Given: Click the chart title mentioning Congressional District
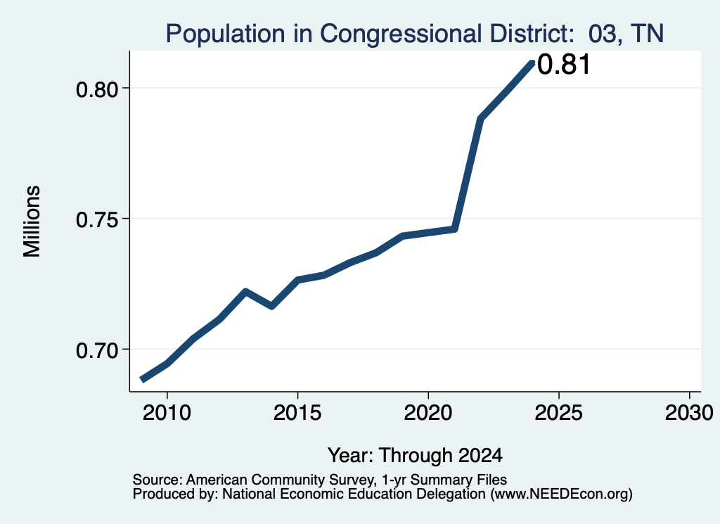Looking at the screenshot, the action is (x=415, y=34).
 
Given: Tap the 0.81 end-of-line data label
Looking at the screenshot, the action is (x=563, y=64).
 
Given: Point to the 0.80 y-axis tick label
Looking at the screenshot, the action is (x=98, y=89).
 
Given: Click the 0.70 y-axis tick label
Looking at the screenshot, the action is (x=98, y=351).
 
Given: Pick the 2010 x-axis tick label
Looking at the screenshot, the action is (x=167, y=413).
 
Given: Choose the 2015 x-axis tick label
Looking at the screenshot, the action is (x=297, y=413).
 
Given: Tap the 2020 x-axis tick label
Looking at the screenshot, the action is (x=428, y=413).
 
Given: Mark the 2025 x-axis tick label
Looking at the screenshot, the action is (x=559, y=413).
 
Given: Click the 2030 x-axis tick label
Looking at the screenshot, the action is (x=689, y=413).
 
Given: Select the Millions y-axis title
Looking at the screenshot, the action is (x=32, y=222).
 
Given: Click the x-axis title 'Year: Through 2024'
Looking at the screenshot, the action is (x=415, y=456).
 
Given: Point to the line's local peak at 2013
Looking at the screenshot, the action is (x=245, y=292).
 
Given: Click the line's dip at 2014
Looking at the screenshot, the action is (x=272, y=306).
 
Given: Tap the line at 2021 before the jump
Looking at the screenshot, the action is (x=455, y=229).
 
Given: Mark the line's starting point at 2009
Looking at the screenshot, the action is (x=143, y=379).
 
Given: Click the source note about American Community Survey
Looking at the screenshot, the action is (x=320, y=480).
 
